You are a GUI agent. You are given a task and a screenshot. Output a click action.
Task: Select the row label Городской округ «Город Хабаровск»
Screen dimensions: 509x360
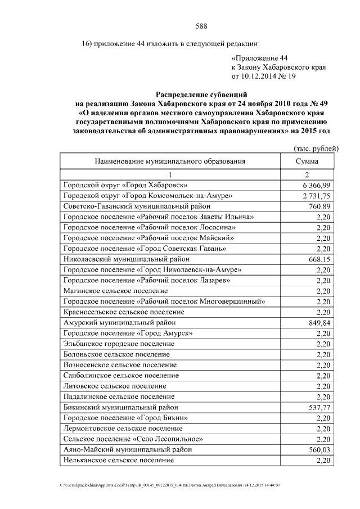(126, 185)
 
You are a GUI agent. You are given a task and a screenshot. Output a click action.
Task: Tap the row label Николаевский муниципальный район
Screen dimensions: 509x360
(127, 259)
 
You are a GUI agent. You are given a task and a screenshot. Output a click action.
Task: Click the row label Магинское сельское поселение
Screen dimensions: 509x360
(115, 291)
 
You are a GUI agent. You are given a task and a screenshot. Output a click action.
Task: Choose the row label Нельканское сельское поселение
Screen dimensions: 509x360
(119, 460)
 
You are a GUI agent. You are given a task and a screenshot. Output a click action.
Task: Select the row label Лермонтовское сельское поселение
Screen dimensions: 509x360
(123, 429)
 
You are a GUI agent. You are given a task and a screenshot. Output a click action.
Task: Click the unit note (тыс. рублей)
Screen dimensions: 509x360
(316, 148)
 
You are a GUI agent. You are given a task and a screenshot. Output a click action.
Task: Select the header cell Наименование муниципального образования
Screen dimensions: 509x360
(170, 161)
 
